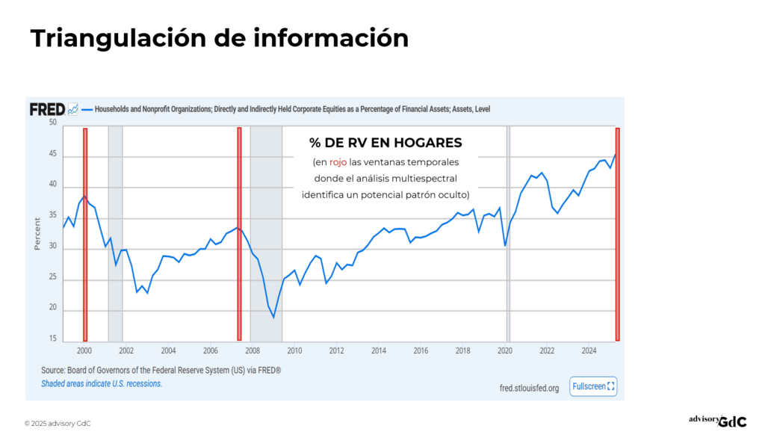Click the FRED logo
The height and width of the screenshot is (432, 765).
[47, 109]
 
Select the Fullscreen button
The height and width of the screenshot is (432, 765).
[593, 386]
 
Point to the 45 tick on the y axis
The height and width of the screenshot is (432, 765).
[52, 155]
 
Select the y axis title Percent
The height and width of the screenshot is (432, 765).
[37, 233]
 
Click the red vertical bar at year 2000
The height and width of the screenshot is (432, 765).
[85, 234]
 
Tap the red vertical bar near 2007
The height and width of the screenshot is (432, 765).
[239, 234]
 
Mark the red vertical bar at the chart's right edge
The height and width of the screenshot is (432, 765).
[617, 234]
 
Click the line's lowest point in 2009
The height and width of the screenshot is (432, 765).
[273, 318]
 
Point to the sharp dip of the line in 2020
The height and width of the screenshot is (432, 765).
[506, 245]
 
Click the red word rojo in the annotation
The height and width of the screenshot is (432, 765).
[338, 162]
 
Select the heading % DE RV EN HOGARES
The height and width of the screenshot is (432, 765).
[385, 143]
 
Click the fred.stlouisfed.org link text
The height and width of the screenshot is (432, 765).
[529, 388]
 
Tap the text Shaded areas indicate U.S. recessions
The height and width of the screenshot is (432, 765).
[102, 383]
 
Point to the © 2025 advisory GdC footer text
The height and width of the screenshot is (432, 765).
[58, 423]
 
